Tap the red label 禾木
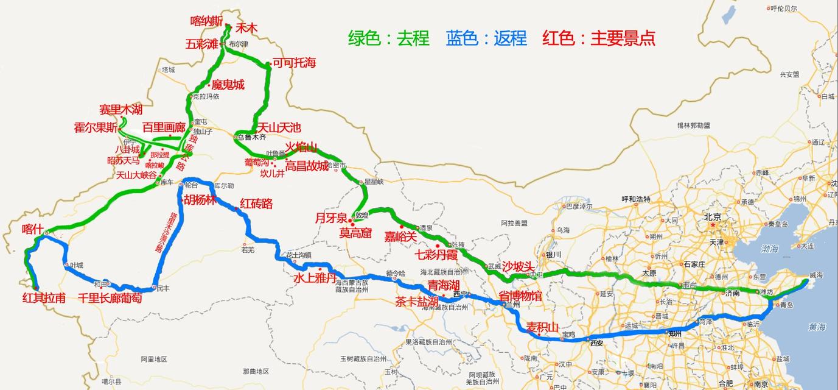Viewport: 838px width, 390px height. [246, 28]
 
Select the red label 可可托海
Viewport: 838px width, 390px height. [294, 62]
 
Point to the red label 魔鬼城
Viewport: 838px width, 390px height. [228, 85]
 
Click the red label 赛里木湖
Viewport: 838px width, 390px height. [121, 110]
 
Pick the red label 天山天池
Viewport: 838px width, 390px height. [279, 128]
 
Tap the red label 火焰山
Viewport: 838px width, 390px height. [302, 147]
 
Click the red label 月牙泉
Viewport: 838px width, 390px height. [330, 218]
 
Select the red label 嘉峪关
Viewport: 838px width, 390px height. [400, 236]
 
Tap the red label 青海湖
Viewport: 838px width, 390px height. [443, 285]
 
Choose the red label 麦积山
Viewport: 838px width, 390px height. [542, 327]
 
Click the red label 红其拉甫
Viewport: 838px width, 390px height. [44, 298]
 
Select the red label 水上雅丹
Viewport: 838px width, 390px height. [315, 278]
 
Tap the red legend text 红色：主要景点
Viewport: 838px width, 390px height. [599, 38]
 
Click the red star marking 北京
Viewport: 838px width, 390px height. [712, 225]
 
